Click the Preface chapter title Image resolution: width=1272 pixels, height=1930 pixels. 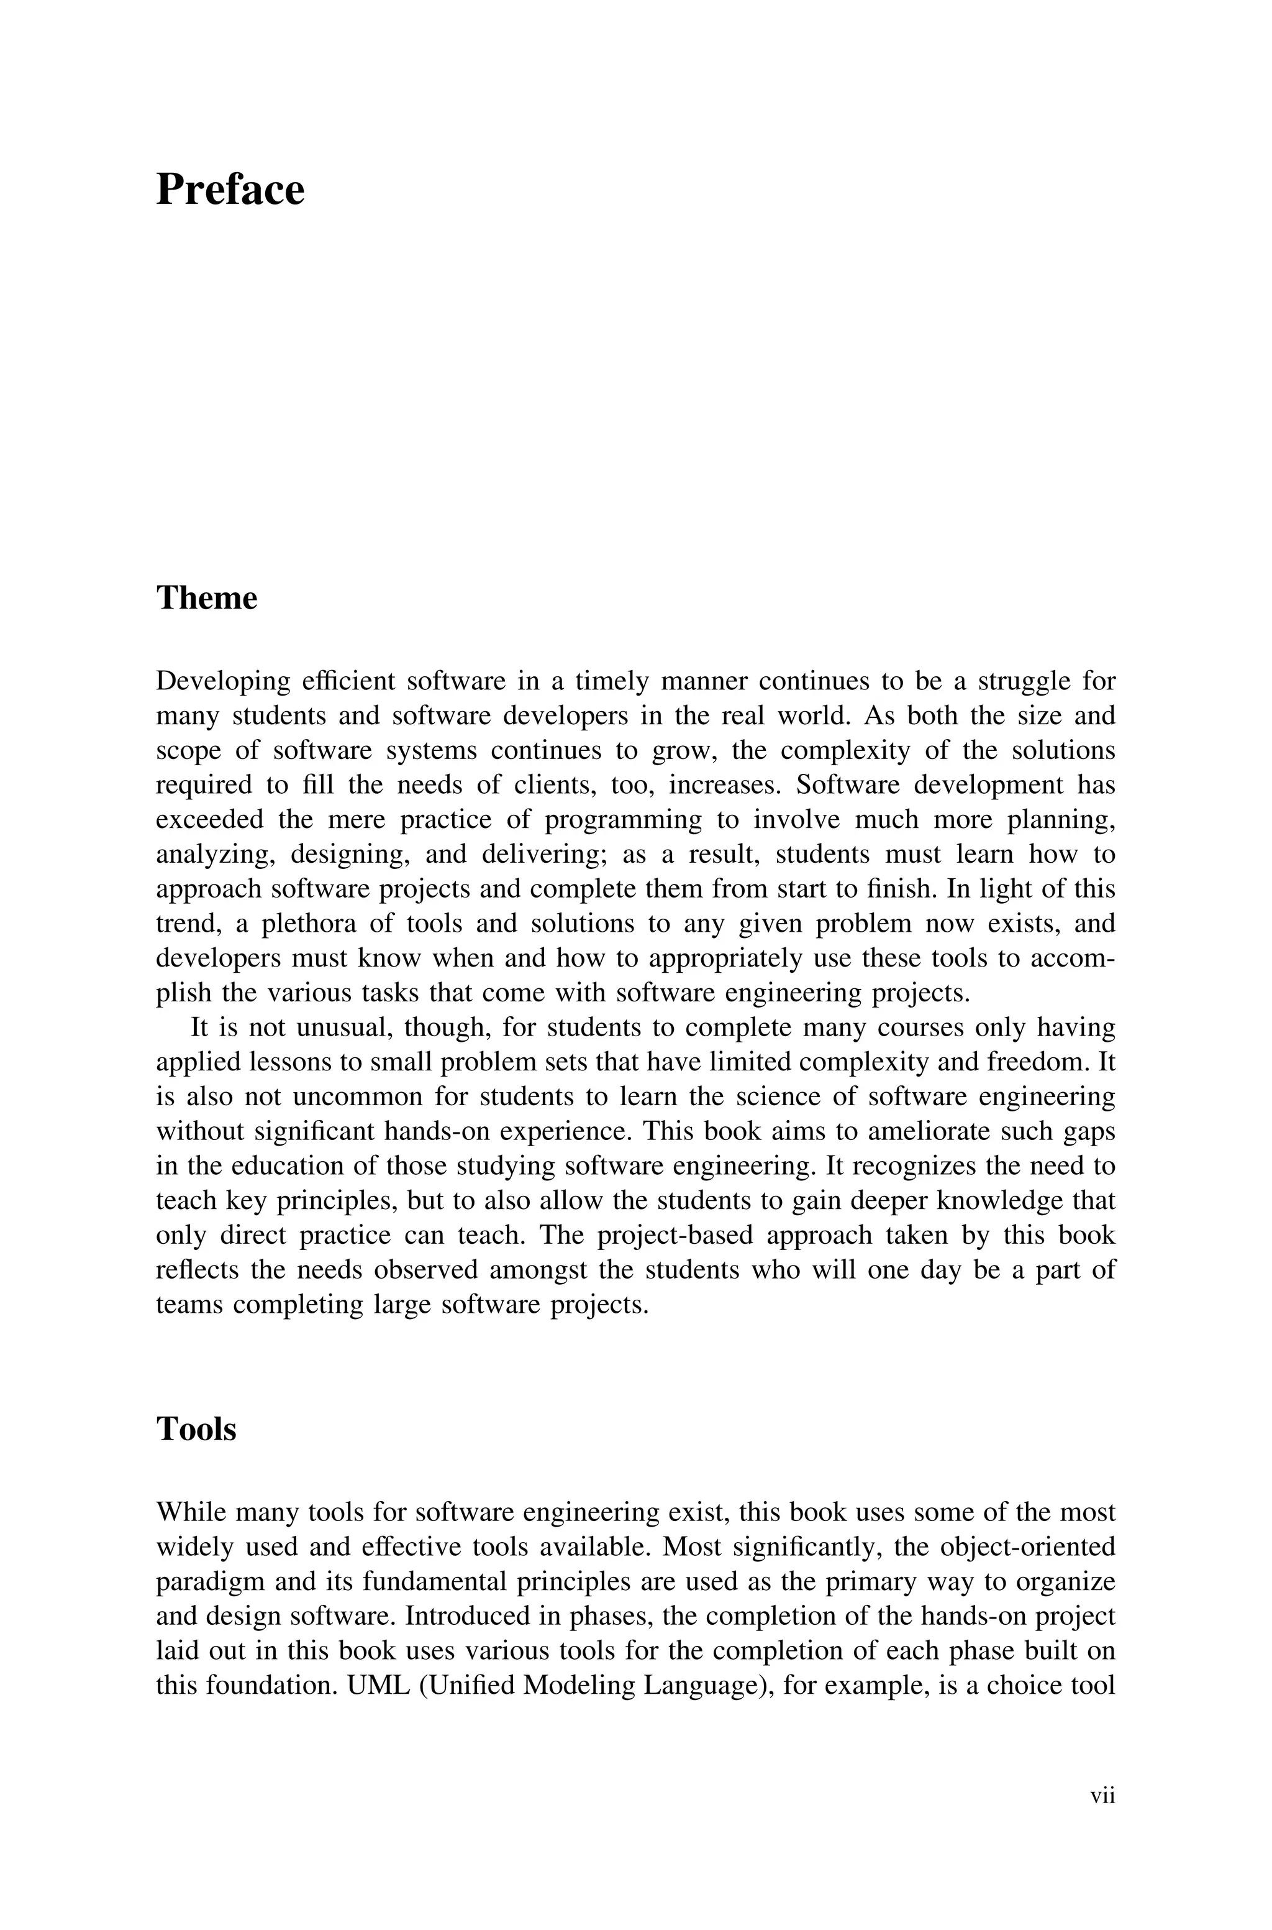coord(230,190)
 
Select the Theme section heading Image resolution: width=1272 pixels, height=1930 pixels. coord(206,598)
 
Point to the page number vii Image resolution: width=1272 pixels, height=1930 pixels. coord(1102,1795)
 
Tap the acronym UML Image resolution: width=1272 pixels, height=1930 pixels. coord(375,1685)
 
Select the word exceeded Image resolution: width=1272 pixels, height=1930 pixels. coord(209,820)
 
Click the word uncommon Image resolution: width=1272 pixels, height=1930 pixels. coord(356,1096)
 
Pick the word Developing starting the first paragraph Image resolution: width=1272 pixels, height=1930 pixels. coord(222,681)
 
